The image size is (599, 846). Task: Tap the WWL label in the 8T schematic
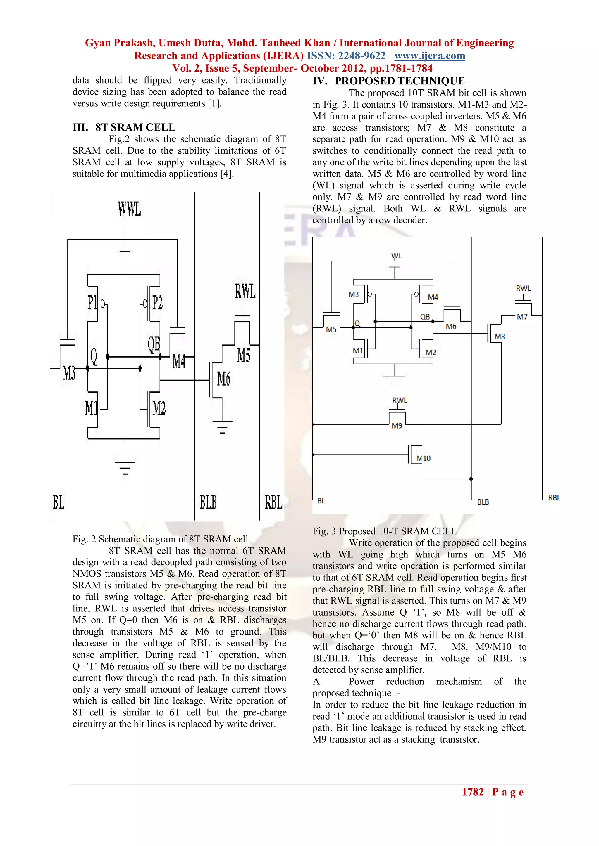pyautogui.click(x=129, y=209)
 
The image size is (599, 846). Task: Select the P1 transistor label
pyautogui.click(x=92, y=303)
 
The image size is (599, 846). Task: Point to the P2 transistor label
pyautogui.click(x=157, y=303)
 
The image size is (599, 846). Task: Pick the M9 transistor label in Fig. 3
pyautogui.click(x=397, y=426)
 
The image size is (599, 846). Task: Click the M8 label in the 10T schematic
pyautogui.click(x=500, y=337)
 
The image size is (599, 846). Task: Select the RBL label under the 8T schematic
pyautogui.click(x=273, y=502)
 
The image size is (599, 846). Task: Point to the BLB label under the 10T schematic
pyautogui.click(x=483, y=502)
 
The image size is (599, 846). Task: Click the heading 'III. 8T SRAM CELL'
pyautogui.click(x=124, y=127)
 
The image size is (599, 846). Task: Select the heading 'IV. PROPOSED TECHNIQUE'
pyautogui.click(x=388, y=81)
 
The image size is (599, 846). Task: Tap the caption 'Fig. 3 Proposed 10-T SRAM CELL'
pyautogui.click(x=384, y=531)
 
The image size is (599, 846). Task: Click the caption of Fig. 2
pyautogui.click(x=160, y=539)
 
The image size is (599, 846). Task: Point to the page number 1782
pyautogui.click(x=472, y=792)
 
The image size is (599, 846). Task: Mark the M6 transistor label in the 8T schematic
pyautogui.click(x=223, y=379)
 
